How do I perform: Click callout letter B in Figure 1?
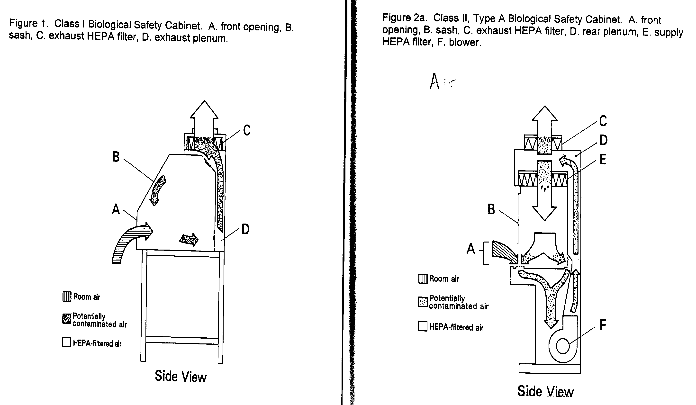tap(116, 157)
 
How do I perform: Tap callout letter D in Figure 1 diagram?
tap(245, 229)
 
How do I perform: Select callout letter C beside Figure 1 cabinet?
tap(247, 130)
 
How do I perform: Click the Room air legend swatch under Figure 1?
tap(67, 297)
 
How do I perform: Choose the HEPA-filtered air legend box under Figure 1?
tap(66, 342)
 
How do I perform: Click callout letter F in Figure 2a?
tap(603, 325)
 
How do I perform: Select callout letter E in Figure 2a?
tap(603, 160)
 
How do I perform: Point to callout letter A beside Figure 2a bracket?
tap(471, 249)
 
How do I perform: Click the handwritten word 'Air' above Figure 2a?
tap(442, 81)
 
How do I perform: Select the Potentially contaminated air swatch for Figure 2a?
tap(423, 302)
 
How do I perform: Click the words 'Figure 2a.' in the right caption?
tap(404, 18)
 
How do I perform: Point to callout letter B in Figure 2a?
tap(491, 209)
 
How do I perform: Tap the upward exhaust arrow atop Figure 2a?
tap(544, 121)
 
